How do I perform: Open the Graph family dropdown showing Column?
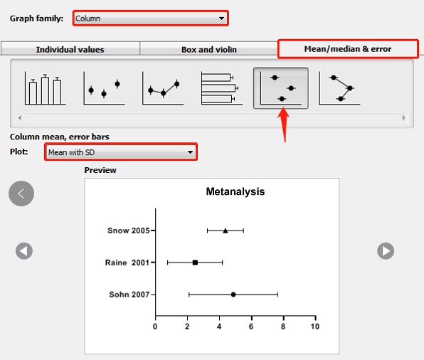coord(151,18)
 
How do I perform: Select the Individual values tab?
coord(70,49)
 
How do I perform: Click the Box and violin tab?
coord(209,49)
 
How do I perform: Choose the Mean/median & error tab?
coord(348,49)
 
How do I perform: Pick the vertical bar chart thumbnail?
coord(45,88)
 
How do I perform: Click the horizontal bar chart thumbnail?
coord(221,88)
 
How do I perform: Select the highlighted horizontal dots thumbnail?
coord(281,88)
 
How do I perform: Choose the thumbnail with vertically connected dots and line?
coord(339,88)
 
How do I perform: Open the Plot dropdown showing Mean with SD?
coord(121,152)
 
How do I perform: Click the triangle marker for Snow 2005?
coord(226,231)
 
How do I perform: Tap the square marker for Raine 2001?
coord(195,263)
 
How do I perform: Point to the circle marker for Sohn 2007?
coord(233,295)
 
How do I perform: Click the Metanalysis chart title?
coord(235,191)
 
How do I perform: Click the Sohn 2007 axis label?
coord(129,295)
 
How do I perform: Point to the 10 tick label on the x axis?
coord(315,327)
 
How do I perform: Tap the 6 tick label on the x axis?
coord(251,327)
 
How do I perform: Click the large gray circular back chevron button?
coord(21,194)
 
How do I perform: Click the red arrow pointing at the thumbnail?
coord(283,125)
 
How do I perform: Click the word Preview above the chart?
coord(100,170)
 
